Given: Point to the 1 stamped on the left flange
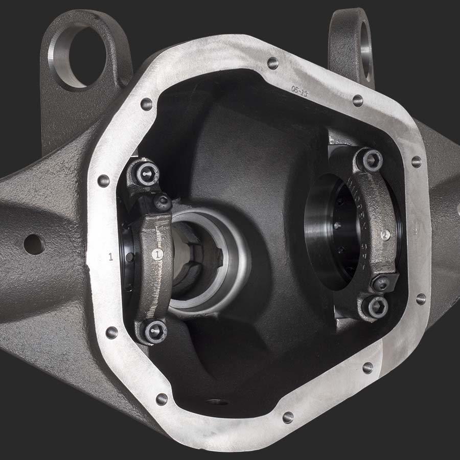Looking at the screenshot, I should pyautogui.click(x=111, y=257).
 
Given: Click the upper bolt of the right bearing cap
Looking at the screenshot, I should pyautogui.click(x=372, y=160).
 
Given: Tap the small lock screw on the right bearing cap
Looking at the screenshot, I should pyautogui.click(x=383, y=283).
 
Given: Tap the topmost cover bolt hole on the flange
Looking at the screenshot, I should pyautogui.click(x=272, y=63).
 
